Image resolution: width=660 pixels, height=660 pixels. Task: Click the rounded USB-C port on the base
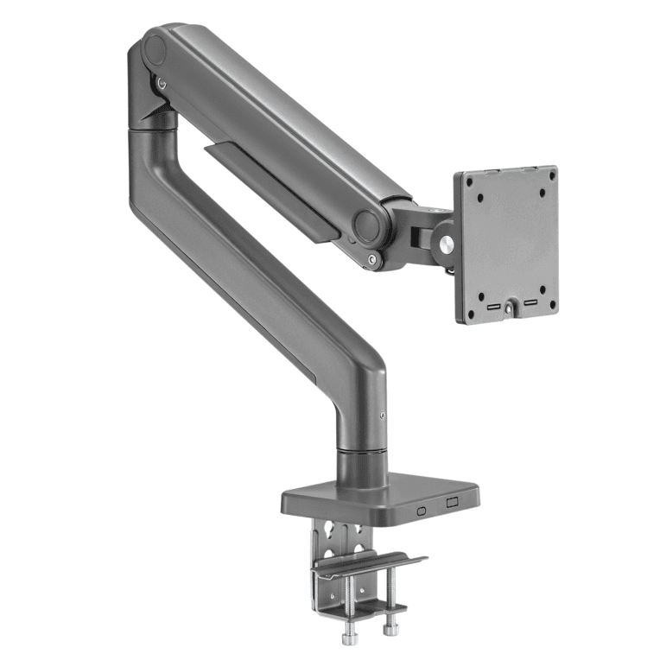[x=421, y=510]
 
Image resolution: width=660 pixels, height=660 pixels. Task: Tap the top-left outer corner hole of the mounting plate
[x=470, y=181]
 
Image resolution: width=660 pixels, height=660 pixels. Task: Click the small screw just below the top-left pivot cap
[x=162, y=83]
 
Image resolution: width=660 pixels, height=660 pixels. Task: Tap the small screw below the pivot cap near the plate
[x=372, y=257]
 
